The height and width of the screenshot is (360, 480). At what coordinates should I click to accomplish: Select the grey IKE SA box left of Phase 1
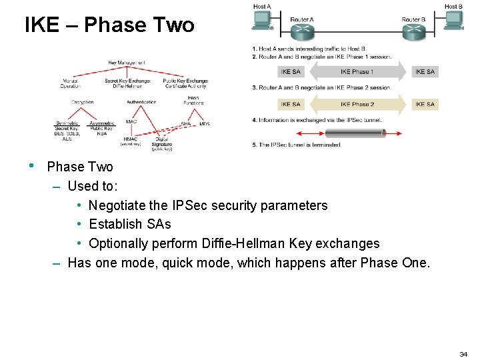point(291,71)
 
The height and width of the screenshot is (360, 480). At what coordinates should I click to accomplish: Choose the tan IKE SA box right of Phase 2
point(425,104)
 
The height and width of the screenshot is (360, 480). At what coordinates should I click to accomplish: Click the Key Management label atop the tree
point(127,63)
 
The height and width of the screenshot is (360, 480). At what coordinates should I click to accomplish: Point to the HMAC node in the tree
point(130,138)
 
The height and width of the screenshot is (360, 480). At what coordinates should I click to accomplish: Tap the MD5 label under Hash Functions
point(204,124)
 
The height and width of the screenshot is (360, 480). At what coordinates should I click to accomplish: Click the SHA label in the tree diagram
point(186,124)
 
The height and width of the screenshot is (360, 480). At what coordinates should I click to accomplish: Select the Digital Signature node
point(162,143)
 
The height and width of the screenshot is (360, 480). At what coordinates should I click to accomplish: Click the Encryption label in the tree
point(83,102)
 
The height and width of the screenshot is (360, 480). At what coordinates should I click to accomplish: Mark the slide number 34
point(463,354)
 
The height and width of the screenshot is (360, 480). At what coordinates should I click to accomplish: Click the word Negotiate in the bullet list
point(116,205)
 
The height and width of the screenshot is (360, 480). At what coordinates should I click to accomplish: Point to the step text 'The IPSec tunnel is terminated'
point(299,145)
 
